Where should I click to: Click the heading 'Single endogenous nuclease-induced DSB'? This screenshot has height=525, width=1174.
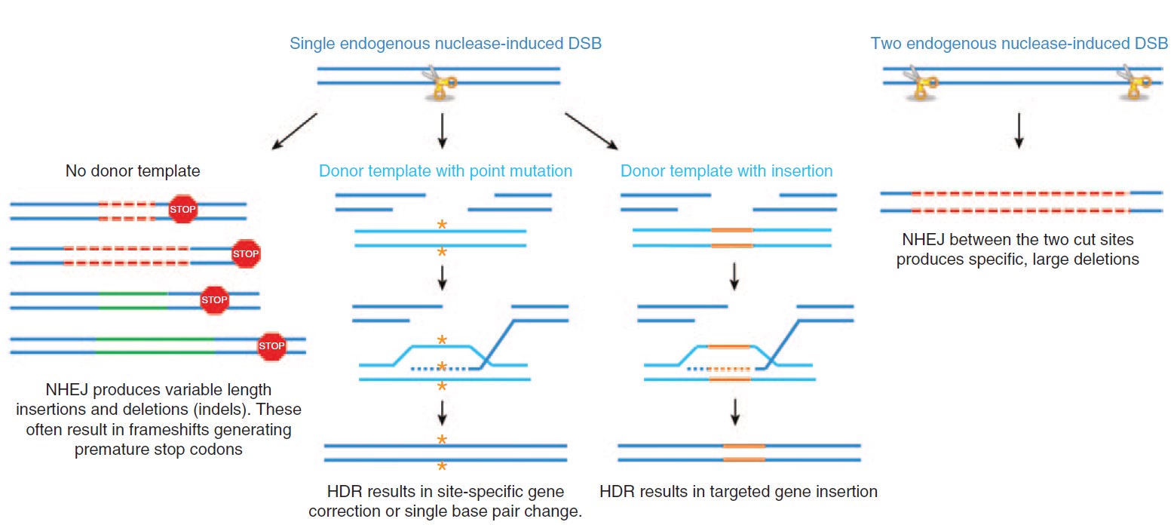pyautogui.click(x=446, y=44)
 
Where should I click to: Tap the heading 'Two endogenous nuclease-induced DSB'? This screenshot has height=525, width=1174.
pyautogui.click(x=1019, y=44)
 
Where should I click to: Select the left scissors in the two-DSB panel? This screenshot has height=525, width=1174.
pyautogui.click(x=921, y=82)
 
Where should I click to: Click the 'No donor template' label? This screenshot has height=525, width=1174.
pyautogui.click(x=133, y=171)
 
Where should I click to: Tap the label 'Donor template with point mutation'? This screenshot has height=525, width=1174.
pyautogui.click(x=446, y=171)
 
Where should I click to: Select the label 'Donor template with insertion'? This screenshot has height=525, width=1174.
pyautogui.click(x=726, y=171)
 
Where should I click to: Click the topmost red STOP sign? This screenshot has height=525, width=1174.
pyautogui.click(x=182, y=209)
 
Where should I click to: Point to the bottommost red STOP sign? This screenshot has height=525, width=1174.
pyautogui.click(x=271, y=346)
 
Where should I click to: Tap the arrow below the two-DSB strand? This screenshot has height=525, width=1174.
pyautogui.click(x=1019, y=130)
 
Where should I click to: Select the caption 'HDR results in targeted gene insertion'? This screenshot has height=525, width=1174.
pyautogui.click(x=739, y=492)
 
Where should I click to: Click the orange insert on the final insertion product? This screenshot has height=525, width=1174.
pyautogui.click(x=744, y=453)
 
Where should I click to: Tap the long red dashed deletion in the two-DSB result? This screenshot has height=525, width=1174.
pyautogui.click(x=1019, y=201)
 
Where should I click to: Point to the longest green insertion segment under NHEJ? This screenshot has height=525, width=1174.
pyautogui.click(x=155, y=346)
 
